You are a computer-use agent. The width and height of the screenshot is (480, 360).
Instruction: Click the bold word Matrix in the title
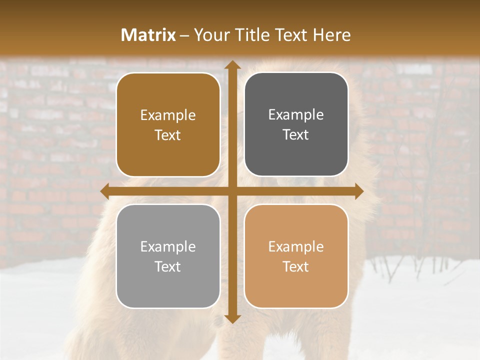[148, 35]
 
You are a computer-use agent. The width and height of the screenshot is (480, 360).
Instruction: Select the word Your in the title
[209, 35]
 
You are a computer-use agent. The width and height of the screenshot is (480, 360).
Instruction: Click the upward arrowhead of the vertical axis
[231, 65]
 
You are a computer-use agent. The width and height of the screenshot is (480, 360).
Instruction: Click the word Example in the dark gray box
[296, 115]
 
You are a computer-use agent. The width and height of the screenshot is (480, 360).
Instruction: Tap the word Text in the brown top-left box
[168, 135]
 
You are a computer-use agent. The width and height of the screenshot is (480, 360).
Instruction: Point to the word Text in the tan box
[296, 267]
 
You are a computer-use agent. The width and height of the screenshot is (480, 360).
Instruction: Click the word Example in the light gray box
[168, 247]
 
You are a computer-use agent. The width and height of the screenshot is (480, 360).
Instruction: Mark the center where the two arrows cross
[231, 191]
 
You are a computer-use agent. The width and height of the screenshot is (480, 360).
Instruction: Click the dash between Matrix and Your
[184, 35]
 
